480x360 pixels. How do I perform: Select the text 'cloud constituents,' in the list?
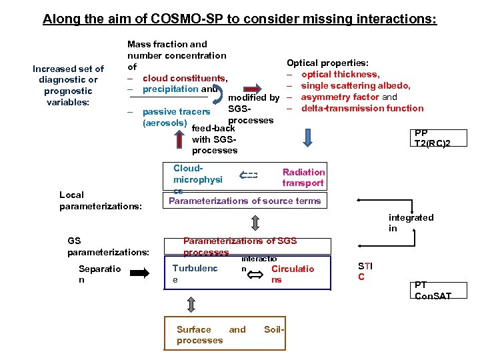(185, 78)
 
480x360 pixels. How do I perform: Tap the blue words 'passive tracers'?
(177, 112)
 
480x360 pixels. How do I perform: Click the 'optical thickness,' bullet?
(340, 74)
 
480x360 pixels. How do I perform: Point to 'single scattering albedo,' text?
(355, 85)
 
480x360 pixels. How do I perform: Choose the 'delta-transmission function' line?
(362, 108)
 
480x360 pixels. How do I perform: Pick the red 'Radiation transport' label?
(303, 177)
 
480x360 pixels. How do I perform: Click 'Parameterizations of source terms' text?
(245, 201)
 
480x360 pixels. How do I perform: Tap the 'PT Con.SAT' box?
(433, 290)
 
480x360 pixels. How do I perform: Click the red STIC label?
(365, 271)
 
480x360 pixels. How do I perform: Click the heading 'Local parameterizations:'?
(100, 200)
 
